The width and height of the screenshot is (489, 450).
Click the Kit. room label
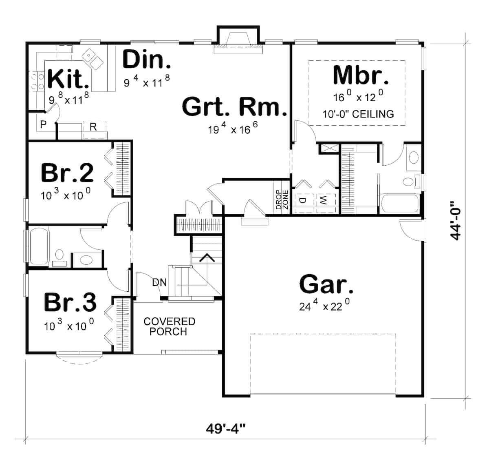[x=68, y=79]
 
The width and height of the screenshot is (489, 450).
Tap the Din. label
[x=146, y=60]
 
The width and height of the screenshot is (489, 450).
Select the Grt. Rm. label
[x=234, y=107]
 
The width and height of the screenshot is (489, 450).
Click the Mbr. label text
[x=358, y=76]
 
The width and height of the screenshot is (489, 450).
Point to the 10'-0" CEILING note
[x=358, y=114]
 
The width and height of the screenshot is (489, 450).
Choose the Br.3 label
[x=70, y=302]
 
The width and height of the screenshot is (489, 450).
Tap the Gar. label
[x=326, y=284]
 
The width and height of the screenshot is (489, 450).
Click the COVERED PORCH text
[x=169, y=326]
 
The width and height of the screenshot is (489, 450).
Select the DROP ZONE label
[x=282, y=200]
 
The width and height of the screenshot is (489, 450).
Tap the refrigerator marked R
[x=93, y=127]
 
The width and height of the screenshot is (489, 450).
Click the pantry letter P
[x=43, y=124]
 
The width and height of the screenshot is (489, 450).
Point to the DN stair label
[x=159, y=282]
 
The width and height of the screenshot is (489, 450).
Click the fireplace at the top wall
[x=238, y=40]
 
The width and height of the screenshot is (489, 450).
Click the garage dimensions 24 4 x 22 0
[x=324, y=305]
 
